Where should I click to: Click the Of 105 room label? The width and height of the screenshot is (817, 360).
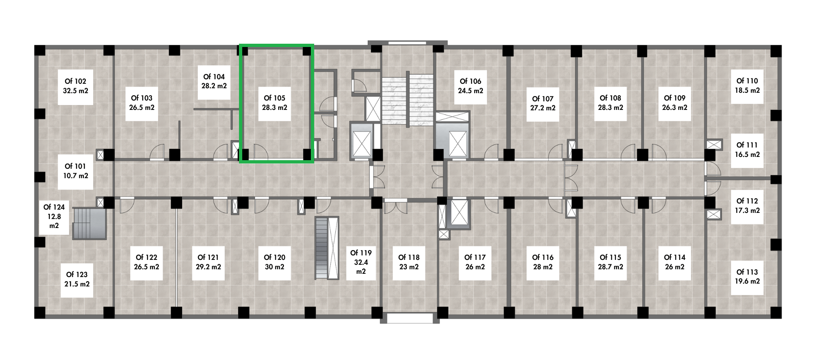point(275,103)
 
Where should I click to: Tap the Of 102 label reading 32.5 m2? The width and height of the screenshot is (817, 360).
point(76,86)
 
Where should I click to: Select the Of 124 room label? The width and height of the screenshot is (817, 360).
point(54,217)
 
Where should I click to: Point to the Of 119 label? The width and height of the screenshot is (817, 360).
point(361,262)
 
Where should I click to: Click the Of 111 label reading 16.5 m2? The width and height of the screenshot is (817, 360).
point(747,150)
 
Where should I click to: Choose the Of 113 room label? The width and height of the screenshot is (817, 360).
point(747,277)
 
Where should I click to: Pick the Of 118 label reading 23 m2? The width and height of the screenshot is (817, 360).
point(409,262)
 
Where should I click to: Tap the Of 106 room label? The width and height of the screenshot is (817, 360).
point(471,86)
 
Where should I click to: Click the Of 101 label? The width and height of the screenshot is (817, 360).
point(76,171)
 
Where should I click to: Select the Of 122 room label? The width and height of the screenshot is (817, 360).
point(147,262)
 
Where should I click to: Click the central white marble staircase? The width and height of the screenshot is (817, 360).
point(407,100)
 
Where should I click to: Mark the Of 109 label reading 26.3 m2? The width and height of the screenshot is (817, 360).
point(675,103)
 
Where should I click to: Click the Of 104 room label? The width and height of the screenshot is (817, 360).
point(214,81)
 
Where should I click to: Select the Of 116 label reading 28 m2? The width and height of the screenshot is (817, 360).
point(543,262)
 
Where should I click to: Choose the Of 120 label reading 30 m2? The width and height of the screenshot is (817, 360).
point(275,262)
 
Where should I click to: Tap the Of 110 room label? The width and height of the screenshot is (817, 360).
point(747,86)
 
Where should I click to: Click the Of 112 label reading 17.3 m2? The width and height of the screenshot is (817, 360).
point(747,206)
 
